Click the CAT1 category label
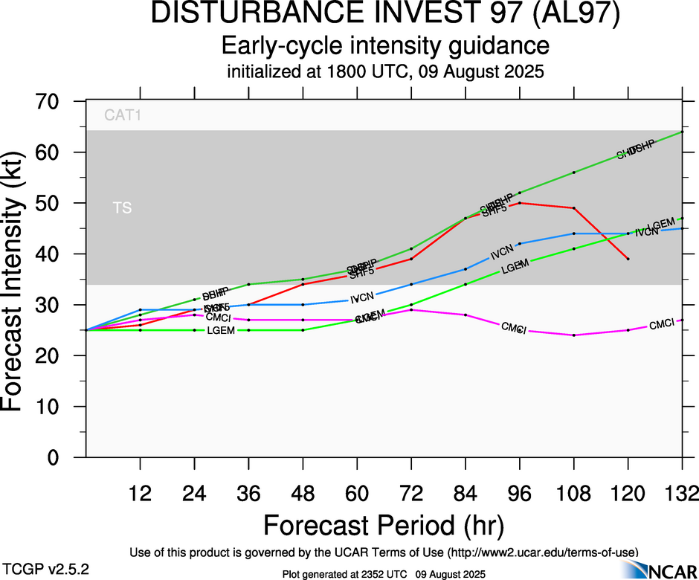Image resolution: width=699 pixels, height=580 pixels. [x=123, y=116]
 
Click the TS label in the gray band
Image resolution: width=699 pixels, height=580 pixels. [x=123, y=208]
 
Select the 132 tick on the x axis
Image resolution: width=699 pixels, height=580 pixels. [x=683, y=493]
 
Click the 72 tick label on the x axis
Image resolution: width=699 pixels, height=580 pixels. [x=411, y=493]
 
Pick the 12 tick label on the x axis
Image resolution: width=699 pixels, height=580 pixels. [x=140, y=493]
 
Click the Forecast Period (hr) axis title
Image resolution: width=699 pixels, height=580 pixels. [x=384, y=525]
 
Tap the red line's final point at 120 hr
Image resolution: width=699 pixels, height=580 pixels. [x=628, y=259]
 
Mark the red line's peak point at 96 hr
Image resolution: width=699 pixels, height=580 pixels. [x=520, y=203]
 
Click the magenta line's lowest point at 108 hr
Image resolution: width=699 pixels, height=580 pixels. [x=574, y=335]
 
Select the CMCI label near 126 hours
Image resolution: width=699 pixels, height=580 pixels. [x=662, y=325]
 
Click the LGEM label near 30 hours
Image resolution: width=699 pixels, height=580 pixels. [x=221, y=330]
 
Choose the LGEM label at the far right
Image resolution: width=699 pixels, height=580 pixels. [x=661, y=225]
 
